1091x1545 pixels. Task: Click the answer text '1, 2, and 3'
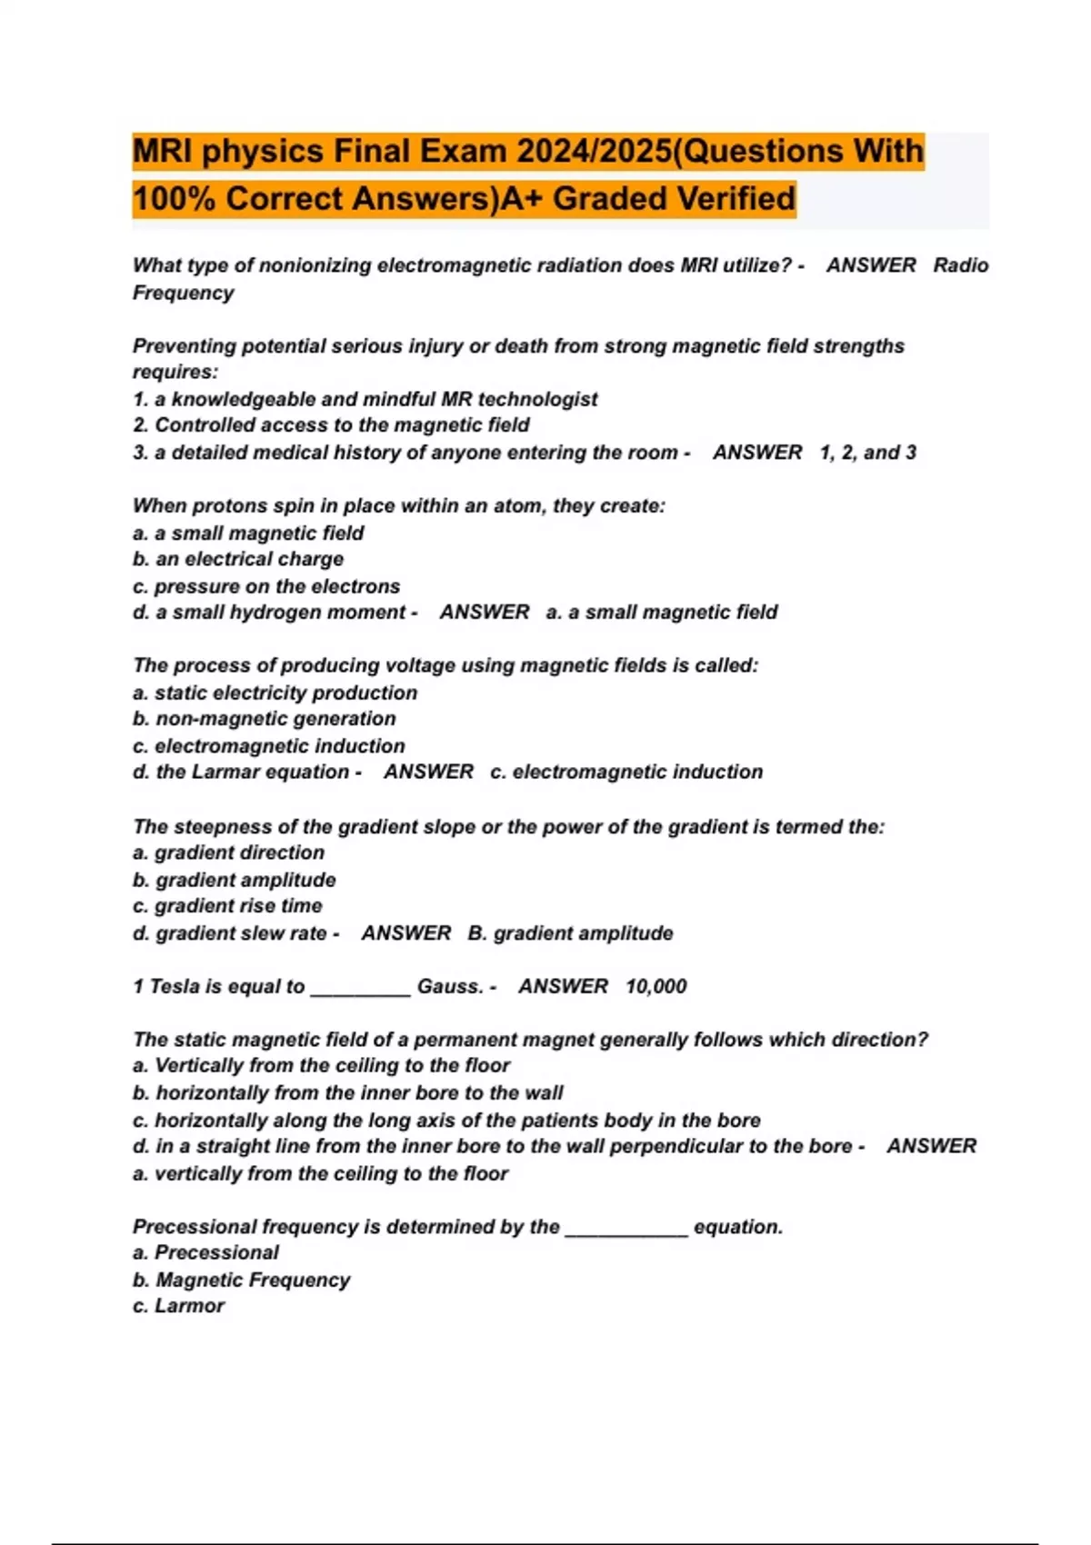coord(867,453)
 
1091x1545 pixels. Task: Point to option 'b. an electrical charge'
coord(238,559)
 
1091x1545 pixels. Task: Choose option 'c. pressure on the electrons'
coord(266,586)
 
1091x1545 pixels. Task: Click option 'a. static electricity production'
coord(275,693)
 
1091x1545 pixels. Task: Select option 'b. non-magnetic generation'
coord(265,719)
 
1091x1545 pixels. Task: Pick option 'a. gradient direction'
coord(228,852)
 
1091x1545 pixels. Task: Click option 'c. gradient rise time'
coord(227,906)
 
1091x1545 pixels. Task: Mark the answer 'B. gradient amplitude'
coord(570,933)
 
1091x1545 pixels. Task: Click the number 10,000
coord(656,987)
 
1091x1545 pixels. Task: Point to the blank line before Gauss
coord(360,992)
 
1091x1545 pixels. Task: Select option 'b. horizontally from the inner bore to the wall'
coord(348,1093)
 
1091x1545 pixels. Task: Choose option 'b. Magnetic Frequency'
coord(241,1280)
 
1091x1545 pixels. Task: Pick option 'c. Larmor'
coord(178,1306)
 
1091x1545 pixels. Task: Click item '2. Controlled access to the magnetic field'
coord(331,425)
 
